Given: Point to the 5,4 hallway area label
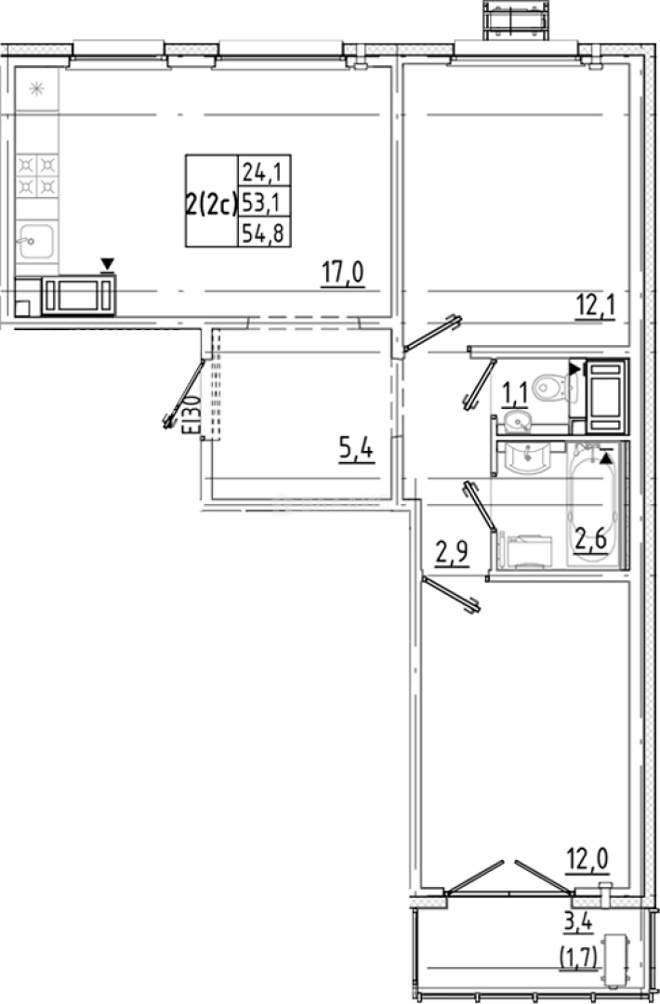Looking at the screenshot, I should click(x=356, y=452).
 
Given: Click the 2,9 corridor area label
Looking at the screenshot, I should click(x=453, y=555).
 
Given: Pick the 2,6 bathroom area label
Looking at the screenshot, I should click(x=592, y=539).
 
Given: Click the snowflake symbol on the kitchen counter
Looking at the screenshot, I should click(x=37, y=89).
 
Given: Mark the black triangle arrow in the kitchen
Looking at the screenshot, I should click(x=108, y=265).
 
